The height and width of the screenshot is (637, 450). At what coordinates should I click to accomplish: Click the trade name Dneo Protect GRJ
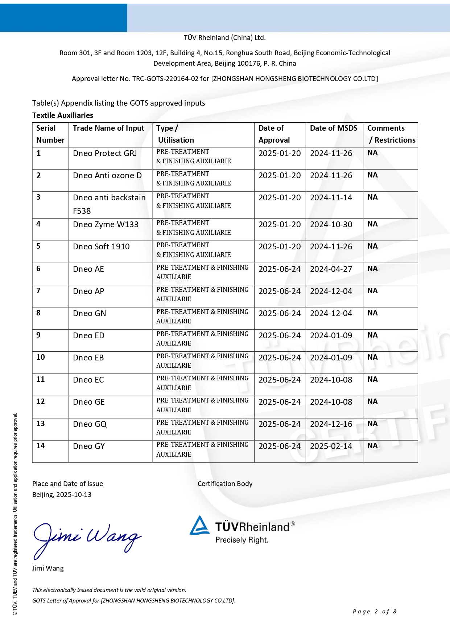(105, 154)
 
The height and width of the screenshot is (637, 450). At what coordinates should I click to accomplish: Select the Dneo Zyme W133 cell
(106, 225)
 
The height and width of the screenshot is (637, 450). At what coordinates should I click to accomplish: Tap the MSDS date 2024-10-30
(331, 225)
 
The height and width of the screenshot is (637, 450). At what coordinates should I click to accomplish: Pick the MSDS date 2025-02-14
(331, 446)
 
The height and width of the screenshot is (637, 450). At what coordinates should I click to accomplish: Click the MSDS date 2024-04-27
(331, 269)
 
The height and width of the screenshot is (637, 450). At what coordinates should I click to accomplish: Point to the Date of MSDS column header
(334, 128)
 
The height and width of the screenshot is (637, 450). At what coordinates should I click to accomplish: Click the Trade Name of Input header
(108, 128)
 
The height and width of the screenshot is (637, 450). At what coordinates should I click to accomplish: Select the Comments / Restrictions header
(391, 134)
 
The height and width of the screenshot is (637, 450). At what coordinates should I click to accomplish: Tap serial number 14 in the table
(41, 446)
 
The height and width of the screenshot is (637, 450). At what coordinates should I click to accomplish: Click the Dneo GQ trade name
(90, 424)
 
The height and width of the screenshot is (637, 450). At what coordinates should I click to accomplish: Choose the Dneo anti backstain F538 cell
(109, 204)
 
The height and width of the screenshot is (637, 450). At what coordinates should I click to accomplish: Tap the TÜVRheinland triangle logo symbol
(199, 526)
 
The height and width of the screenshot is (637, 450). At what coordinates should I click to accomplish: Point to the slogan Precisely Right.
(241, 540)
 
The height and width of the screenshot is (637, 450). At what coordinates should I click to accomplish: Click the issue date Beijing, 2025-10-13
(62, 495)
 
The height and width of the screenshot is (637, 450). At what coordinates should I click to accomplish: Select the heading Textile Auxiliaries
(63, 115)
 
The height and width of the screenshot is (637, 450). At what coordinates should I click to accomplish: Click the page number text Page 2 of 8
(374, 612)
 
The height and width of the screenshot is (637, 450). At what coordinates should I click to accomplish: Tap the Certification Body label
(225, 484)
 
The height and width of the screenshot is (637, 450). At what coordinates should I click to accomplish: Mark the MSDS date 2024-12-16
(331, 424)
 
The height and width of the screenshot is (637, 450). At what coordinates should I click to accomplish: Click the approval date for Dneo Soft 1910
(279, 247)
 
